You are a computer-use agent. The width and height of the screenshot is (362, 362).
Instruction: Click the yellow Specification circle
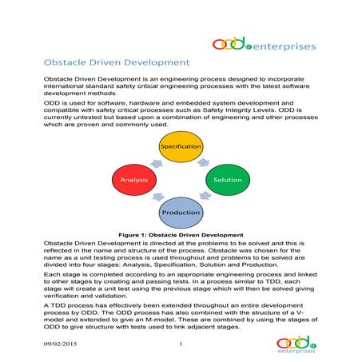point(180,148)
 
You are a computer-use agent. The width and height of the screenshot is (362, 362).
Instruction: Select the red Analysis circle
point(135,180)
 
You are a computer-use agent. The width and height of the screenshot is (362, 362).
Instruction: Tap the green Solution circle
point(228,180)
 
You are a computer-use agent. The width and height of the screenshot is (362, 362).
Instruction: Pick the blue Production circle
point(181,213)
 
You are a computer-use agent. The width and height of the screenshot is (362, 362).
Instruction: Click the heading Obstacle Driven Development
point(116,62)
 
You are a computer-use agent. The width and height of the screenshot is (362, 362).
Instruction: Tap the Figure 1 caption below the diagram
point(181,235)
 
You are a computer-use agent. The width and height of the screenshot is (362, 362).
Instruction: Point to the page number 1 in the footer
point(181,344)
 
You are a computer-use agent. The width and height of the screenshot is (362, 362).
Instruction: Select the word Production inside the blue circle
point(181,213)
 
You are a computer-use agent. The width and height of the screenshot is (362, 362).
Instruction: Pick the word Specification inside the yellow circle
point(180,148)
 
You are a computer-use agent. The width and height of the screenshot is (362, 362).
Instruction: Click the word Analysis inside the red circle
point(135,180)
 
